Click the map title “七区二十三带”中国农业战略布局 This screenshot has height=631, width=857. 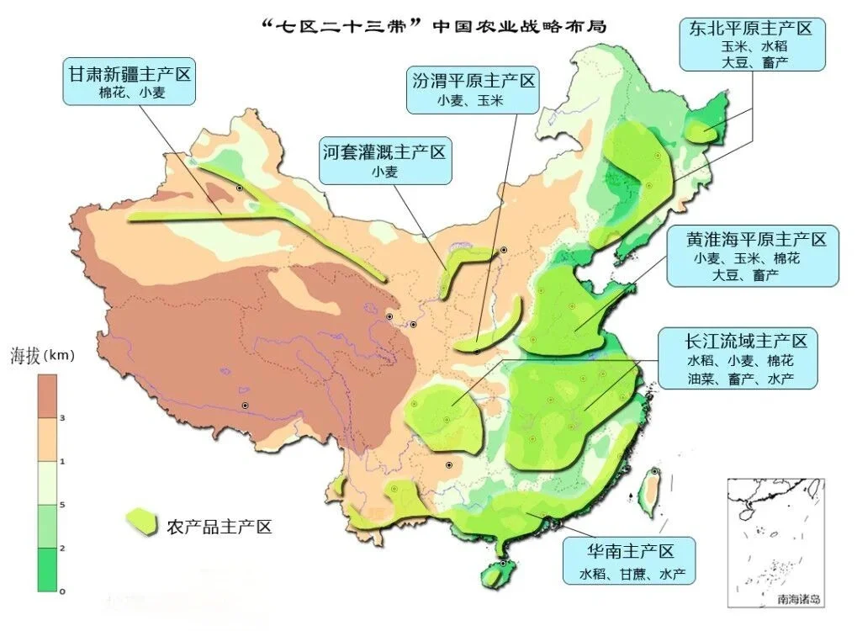point(434,26)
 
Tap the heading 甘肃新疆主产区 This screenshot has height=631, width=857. point(130,73)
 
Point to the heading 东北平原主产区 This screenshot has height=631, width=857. point(751,28)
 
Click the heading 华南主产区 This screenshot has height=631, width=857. point(631,552)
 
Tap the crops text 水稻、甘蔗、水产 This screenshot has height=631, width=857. point(632,575)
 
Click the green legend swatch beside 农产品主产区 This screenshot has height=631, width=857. point(141,522)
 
